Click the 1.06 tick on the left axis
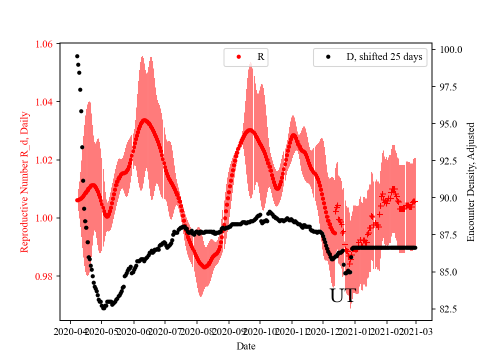pyautogui.click(x=45, y=44)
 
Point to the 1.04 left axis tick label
pyautogui.click(x=45, y=102)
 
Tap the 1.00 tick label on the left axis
pyautogui.click(x=45, y=218)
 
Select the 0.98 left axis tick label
pyautogui.click(x=45, y=276)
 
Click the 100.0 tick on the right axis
pyautogui.click(x=450, y=50)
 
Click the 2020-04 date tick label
pyautogui.click(x=70, y=331)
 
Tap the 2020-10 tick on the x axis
pyautogui.click(x=260, y=331)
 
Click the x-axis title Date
pyautogui.click(x=245, y=346)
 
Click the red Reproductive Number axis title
pyautogui.click(x=24, y=182)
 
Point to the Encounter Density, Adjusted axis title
pyautogui.click(x=470, y=182)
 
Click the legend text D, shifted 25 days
pyautogui.click(x=384, y=57)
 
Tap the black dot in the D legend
pyautogui.click(x=328, y=57)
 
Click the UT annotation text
pyautogui.click(x=343, y=296)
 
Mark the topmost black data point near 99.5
pyautogui.click(x=77, y=56)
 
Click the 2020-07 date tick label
pyautogui.click(x=165, y=331)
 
